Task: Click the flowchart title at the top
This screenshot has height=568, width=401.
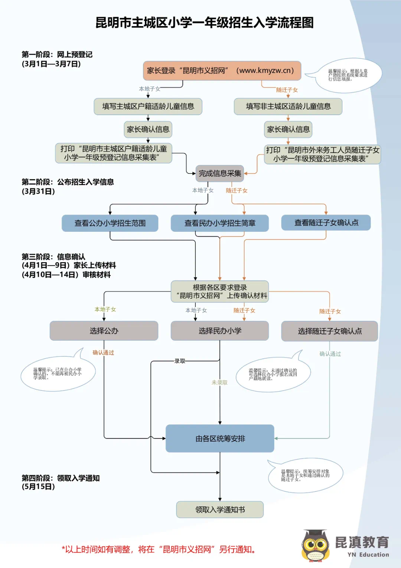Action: click(x=205, y=23)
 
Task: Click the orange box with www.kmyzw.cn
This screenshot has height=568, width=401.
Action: click(x=222, y=71)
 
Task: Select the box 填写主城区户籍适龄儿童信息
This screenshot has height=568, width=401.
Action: click(x=148, y=107)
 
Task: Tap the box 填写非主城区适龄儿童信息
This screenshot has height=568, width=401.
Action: click(x=288, y=107)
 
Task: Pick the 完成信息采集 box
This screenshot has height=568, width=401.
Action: click(x=219, y=173)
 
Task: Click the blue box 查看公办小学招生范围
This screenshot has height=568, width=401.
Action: click(x=110, y=223)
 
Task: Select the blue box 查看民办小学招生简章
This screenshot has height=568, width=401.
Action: click(x=219, y=223)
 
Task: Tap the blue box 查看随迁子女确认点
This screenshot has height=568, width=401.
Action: click(x=326, y=223)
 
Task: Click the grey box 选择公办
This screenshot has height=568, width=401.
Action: click(x=104, y=331)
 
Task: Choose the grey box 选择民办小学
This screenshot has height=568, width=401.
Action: click(x=219, y=331)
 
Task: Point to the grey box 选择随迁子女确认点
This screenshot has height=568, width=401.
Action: click(x=329, y=331)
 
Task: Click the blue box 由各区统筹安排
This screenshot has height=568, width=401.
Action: click(x=220, y=439)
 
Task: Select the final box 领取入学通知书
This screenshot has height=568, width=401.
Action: click(x=220, y=510)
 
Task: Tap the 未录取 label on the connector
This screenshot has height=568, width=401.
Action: click(x=219, y=383)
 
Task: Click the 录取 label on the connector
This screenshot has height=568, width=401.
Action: click(x=180, y=361)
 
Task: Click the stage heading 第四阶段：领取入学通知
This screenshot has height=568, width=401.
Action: click(x=61, y=478)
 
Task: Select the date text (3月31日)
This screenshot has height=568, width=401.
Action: click(x=38, y=191)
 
